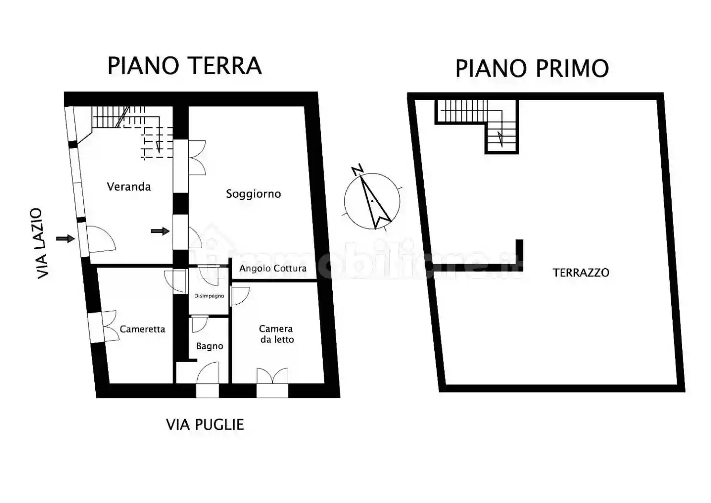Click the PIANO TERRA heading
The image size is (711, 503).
pos(184,66)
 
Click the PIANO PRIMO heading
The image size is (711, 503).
pos(531,69)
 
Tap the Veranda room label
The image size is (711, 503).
pos(129,186)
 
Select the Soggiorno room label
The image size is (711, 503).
pos(253,194)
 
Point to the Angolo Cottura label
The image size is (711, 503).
pos(273,268)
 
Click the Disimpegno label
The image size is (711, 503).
pos(209,296)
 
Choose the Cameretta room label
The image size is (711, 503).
pos(142,329)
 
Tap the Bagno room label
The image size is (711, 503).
pos(210,346)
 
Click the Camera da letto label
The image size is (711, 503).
pos(276,334)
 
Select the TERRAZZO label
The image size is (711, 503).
pos(581,273)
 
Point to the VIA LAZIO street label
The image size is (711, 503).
pos(43,243)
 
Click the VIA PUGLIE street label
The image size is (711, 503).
pos(205,424)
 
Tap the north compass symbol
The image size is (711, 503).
pos(372,201)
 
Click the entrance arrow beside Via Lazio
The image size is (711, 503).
pos(65,239)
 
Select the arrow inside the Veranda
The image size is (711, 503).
pos(160,231)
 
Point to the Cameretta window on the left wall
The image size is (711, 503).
pos(96,327)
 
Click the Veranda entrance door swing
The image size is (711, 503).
pos(102,239)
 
